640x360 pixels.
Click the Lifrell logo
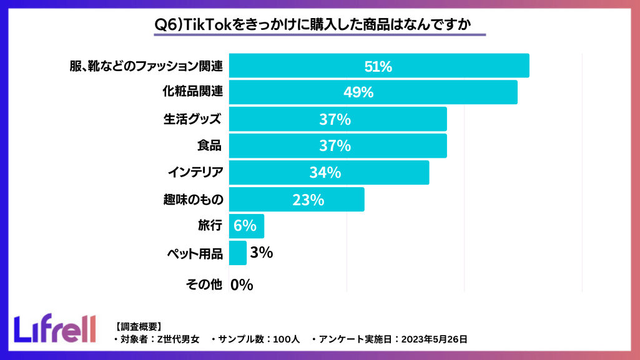[55, 328]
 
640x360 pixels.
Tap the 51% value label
[378, 66]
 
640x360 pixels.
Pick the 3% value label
[261, 253]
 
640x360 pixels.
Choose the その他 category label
[204, 285]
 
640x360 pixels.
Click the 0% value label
[242, 285]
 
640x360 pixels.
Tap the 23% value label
[308, 200]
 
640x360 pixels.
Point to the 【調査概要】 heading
[138, 326]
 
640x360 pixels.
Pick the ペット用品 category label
[195, 254]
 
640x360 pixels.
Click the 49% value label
[358, 92]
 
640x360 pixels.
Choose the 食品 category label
[209, 146]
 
